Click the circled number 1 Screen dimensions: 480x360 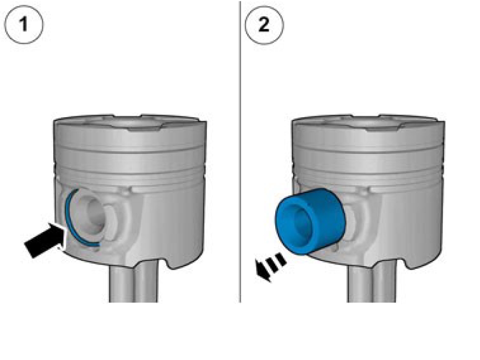[23, 24]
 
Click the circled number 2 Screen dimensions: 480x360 [264, 24]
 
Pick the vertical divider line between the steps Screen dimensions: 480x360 [240, 152]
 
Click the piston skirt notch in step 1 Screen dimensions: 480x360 [172, 264]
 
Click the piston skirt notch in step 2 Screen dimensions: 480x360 [411, 264]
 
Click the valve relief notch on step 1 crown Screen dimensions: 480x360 [144, 128]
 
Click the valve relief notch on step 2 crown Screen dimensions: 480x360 [382, 128]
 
